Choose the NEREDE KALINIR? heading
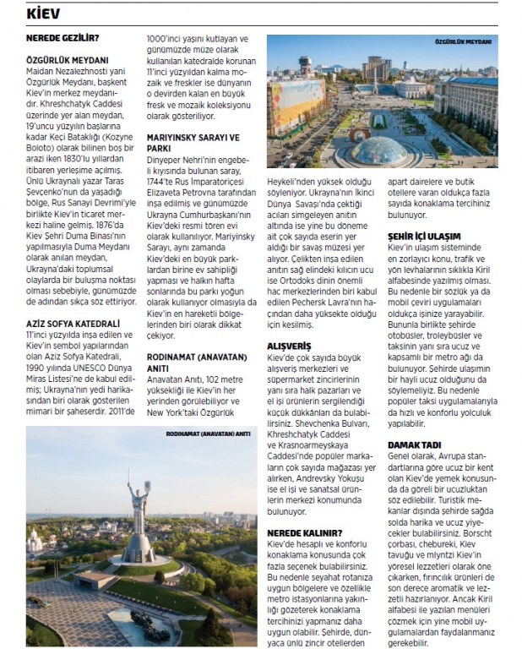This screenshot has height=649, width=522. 305,532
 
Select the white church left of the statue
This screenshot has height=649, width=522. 35,538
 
